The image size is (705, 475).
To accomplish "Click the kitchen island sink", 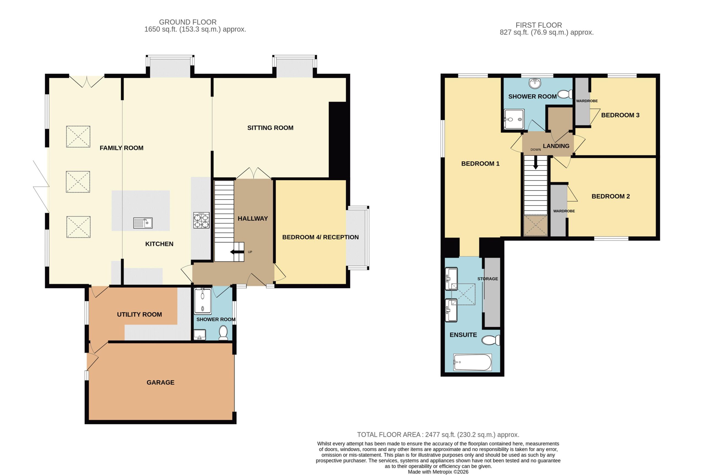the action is pos(143,223).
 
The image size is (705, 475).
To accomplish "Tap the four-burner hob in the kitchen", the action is pos(202,220).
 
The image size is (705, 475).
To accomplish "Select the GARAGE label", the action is pos(160,383).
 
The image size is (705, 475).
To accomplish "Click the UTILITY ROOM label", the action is pos(139,315).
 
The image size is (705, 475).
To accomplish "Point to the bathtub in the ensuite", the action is pos(472,362).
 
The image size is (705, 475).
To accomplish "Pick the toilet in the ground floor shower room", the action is pos(223,333).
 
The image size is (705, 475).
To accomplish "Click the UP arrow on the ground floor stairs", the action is pos(237,252).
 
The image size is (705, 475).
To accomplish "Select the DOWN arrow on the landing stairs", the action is pos(536,163).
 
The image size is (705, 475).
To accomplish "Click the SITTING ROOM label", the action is pos(270,128).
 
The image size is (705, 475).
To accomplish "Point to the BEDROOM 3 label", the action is pos(620,115).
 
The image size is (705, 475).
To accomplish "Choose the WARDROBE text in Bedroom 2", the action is pos(564,211).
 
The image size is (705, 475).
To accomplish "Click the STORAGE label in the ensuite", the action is pos(488,279).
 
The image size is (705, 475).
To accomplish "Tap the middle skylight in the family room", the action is pos(78,182).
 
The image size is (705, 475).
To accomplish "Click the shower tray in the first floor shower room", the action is pos(514,119).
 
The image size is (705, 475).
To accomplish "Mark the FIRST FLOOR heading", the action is pos(539,25).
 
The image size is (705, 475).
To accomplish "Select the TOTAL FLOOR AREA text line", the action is pos(438,435).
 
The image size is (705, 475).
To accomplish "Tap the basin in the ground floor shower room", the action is pos(199,335).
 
